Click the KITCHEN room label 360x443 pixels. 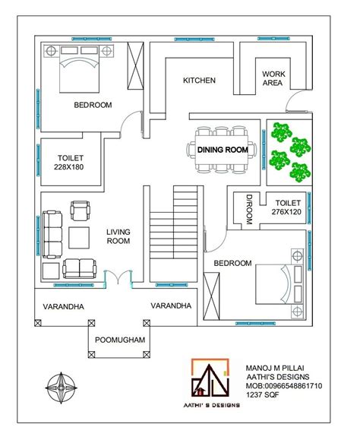tap(199, 80)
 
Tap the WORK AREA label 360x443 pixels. tap(273, 78)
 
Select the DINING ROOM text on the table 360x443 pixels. tap(223, 150)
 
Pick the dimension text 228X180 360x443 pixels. tap(68, 167)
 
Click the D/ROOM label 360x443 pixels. tap(248, 209)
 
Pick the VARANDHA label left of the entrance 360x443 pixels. tap(58, 306)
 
